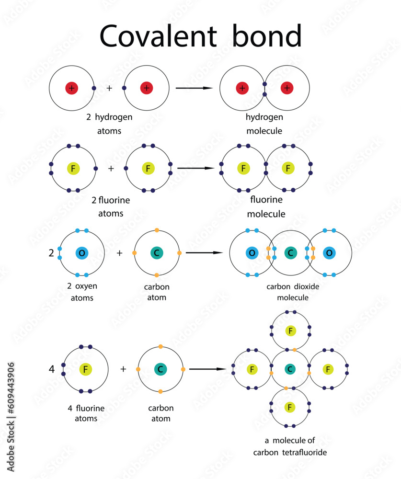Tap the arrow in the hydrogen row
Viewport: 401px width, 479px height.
tap(194, 88)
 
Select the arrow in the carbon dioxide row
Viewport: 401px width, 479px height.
tap(204, 252)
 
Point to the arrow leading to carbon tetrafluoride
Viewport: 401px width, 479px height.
tap(207, 369)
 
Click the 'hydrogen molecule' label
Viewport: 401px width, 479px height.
tap(264, 124)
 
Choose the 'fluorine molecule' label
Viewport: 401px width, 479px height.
tap(266, 206)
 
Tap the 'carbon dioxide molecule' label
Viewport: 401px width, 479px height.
tap(293, 292)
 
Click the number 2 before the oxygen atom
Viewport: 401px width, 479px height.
tap(51, 253)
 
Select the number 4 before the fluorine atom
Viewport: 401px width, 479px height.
tap(52, 369)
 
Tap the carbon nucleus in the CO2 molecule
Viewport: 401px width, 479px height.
tap(290, 253)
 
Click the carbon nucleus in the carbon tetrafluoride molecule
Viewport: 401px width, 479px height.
tap(289, 369)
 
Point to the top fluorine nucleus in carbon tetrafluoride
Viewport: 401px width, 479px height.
tap(290, 331)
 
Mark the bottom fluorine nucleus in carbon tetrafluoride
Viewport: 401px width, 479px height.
tap(289, 407)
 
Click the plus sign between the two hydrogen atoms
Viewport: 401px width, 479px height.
tap(109, 89)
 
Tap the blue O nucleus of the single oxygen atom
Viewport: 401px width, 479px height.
tap(81, 253)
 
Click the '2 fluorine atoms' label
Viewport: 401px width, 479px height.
tap(111, 206)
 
